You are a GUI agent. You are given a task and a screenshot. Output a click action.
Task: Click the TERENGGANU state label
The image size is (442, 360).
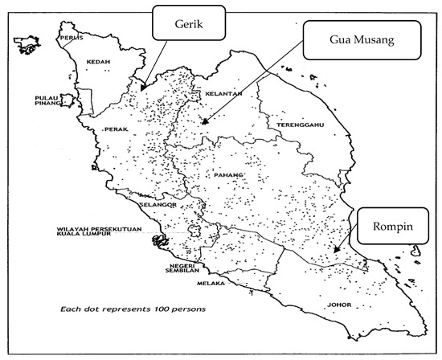tap(300, 127)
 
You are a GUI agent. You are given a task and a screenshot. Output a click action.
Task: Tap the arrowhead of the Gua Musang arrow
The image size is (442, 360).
tap(204, 122)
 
